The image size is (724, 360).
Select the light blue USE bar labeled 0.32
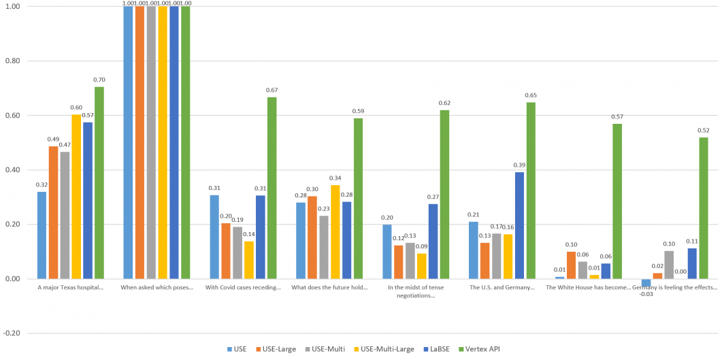coord(42,235)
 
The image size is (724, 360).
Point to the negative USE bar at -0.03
coord(646,282)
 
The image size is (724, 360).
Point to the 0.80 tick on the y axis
coord(13,61)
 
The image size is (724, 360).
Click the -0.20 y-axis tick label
coord(12,333)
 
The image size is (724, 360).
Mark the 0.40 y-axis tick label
coord(13,169)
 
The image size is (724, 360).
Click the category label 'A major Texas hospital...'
coord(71,288)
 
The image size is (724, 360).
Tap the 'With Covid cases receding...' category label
coord(243,288)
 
